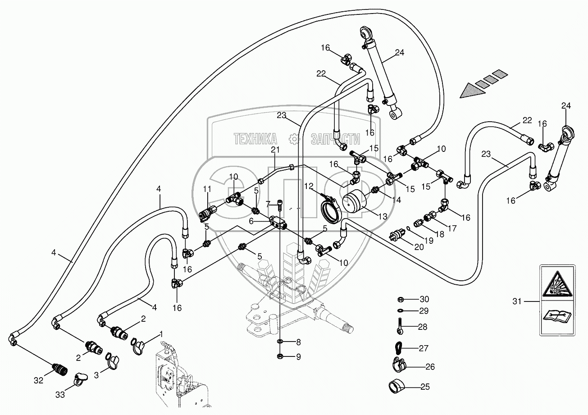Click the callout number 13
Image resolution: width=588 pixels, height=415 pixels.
pos(382,216)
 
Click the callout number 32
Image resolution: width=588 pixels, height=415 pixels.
pos(38,380)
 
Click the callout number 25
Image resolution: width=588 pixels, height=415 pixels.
pos(425,387)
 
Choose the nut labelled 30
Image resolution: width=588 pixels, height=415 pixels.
pos(400,299)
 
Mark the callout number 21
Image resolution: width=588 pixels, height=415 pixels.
pos(275,150)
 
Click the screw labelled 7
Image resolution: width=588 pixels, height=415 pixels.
pos(280,206)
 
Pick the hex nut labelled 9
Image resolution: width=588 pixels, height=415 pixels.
pos(279,357)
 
